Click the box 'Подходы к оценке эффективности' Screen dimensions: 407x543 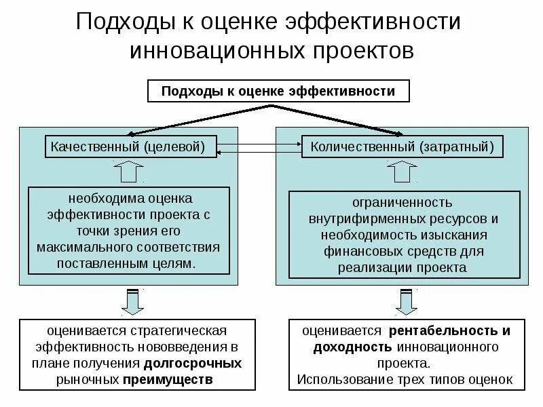click(x=278, y=92)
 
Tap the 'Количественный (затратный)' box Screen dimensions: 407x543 click(x=402, y=147)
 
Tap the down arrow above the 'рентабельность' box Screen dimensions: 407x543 click(x=407, y=301)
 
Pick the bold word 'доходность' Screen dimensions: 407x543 click(x=346, y=347)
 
